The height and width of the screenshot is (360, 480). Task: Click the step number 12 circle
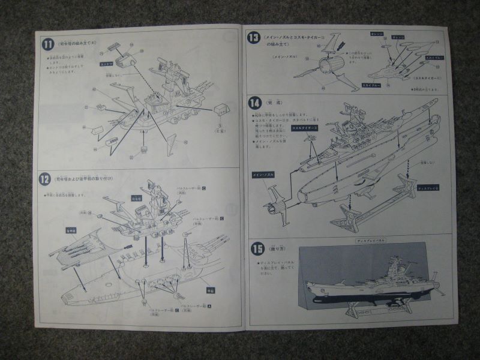[44, 178]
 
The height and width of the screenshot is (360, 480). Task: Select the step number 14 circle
[253, 102]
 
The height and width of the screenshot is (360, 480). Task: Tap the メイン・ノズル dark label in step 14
[263, 175]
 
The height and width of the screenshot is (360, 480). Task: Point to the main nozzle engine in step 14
[277, 206]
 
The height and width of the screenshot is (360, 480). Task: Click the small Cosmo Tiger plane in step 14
[310, 141]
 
